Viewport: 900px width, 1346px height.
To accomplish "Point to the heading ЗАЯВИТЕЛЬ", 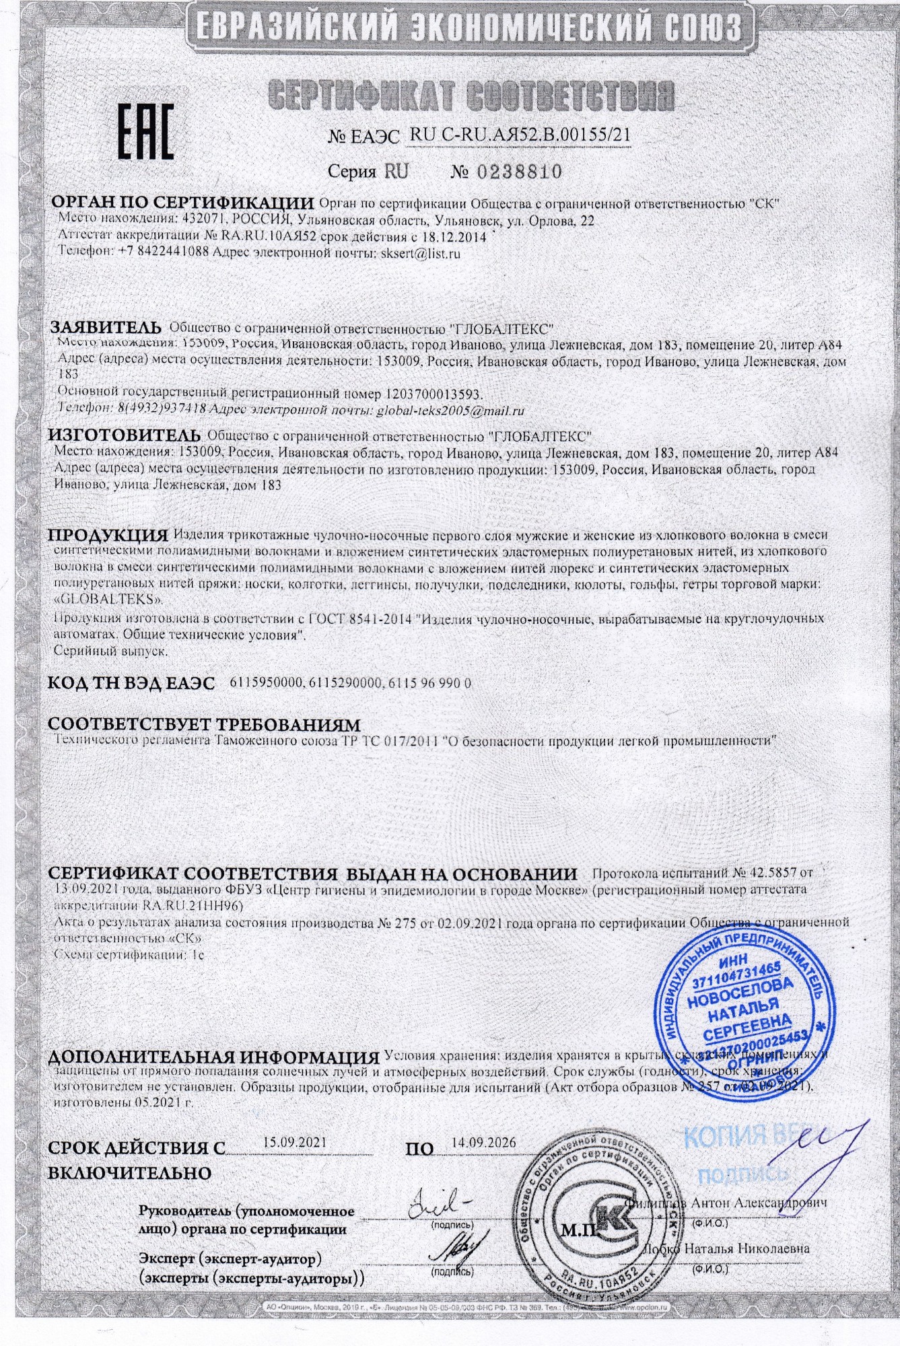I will pos(106,328).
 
